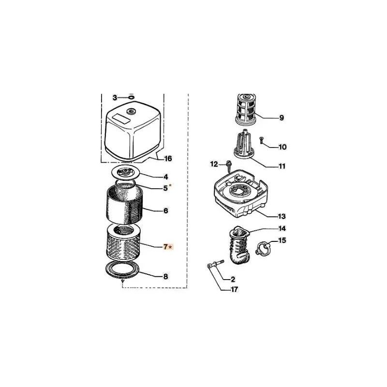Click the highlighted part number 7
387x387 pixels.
tap(165, 247)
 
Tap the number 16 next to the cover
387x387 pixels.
tap(168, 159)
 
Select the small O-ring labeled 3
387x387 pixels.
tap(131, 98)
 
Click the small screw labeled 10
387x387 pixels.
tap(261, 141)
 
